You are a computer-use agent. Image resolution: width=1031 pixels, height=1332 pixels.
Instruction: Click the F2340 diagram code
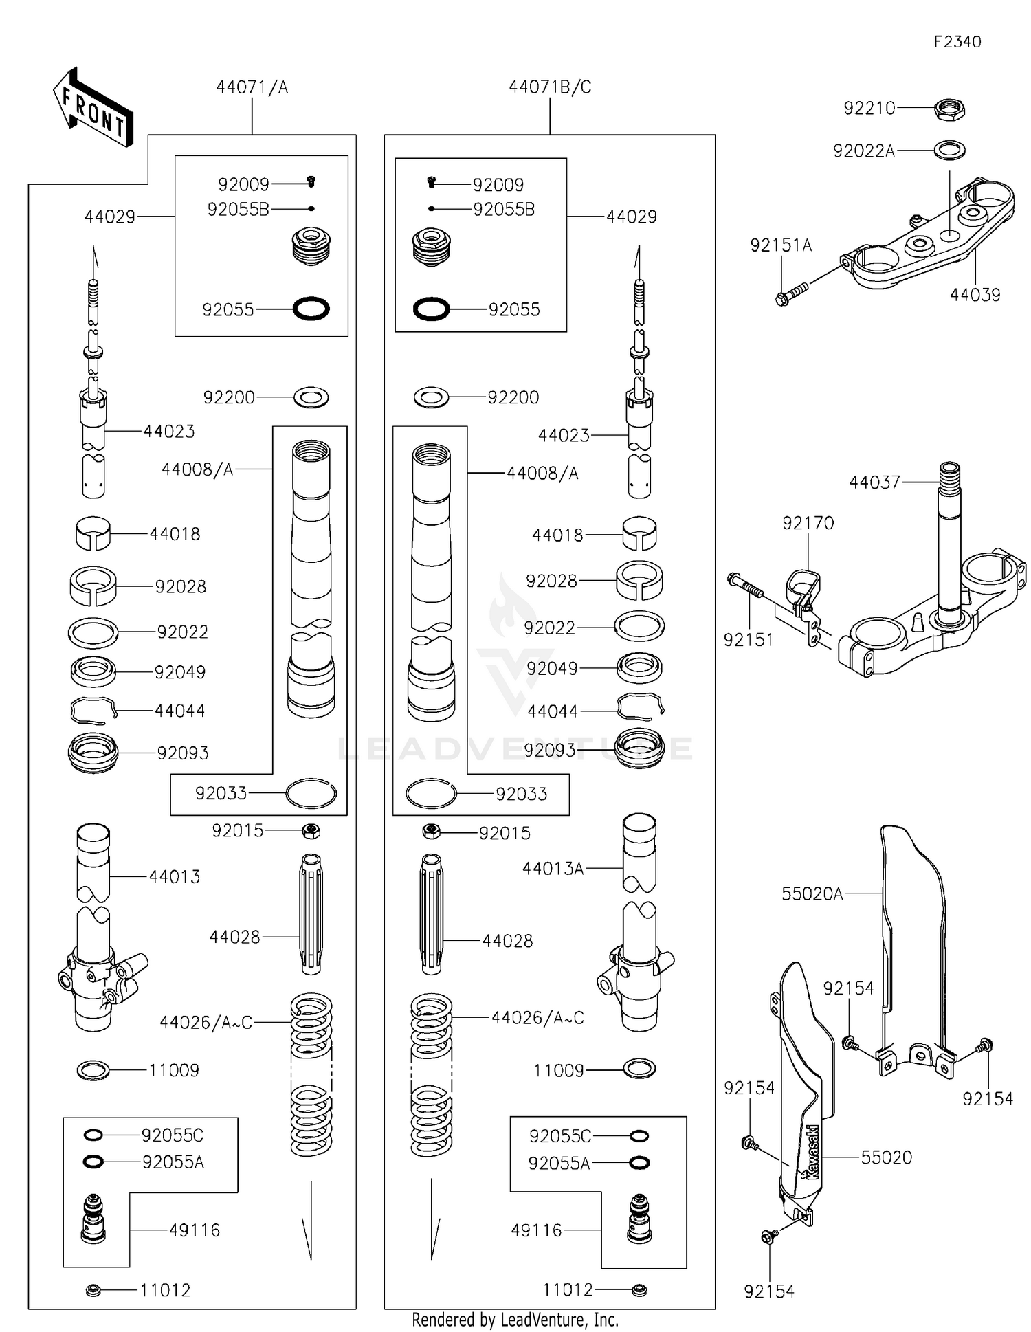click(957, 42)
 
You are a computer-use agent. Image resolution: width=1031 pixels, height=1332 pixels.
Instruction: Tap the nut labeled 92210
click(950, 109)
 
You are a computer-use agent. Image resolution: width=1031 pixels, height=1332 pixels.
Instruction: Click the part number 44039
click(975, 295)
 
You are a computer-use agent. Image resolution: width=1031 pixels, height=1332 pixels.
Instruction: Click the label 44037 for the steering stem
click(874, 482)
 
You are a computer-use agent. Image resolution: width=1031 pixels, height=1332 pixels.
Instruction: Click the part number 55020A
click(812, 893)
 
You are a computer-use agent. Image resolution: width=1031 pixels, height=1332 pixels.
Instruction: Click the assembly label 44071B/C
click(550, 87)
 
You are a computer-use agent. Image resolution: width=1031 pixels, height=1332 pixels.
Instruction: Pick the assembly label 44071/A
click(252, 87)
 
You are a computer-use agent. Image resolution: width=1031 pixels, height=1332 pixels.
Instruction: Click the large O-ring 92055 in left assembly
click(311, 309)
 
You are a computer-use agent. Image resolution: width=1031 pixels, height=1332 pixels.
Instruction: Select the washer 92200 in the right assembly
click(432, 397)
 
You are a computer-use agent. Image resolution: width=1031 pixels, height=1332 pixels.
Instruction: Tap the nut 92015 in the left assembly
click(311, 832)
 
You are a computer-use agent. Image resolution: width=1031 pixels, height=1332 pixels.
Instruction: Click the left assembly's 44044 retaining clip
click(93, 711)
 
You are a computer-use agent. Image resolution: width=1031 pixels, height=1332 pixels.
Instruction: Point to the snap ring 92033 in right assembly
click(431, 794)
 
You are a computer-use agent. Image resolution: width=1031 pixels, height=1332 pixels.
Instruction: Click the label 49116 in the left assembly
click(195, 1230)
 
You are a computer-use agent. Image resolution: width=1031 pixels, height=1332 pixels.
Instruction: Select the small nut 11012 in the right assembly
click(639, 1290)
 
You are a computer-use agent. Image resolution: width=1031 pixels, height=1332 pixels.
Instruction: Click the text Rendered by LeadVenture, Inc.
click(515, 1320)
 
